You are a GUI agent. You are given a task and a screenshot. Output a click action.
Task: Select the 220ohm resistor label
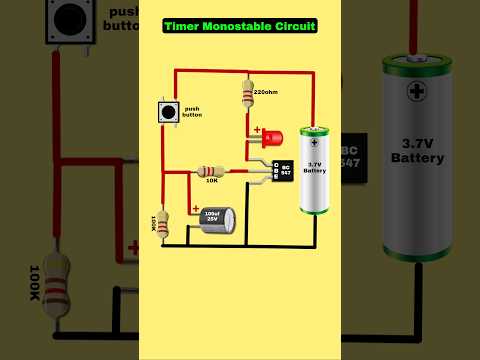coord(266,92)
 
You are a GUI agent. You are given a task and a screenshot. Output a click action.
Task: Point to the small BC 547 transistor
coord(282,170)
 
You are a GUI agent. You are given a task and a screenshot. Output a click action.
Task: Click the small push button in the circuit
coord(167,114)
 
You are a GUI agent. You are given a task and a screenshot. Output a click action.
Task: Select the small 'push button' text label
coord(193,112)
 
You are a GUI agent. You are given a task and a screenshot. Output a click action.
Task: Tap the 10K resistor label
coord(212,181)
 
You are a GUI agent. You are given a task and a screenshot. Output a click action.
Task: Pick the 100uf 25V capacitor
coord(214,219)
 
